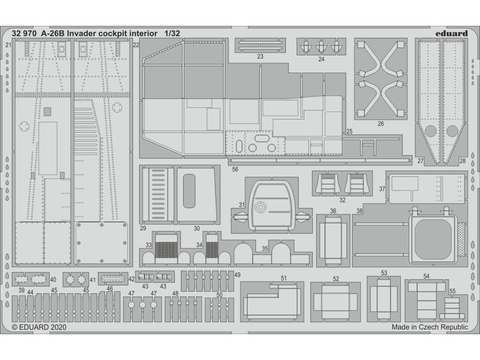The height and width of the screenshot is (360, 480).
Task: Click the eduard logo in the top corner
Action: [451, 33]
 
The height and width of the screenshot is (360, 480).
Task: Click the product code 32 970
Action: [24, 33]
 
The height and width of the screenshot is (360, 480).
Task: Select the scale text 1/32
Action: [172, 33]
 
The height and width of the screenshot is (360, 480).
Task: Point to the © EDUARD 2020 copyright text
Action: [39, 328]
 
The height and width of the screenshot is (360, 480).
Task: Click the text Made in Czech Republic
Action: [430, 328]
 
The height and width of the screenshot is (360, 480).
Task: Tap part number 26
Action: [381, 124]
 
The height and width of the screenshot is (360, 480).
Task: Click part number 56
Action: [235, 170]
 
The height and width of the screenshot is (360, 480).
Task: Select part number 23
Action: [260, 56]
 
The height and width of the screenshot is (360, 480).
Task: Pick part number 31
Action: [241, 204]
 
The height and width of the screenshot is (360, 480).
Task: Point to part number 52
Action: [336, 278]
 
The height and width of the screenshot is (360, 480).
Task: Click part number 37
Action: [382, 189]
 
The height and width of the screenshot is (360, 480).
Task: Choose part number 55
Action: [452, 291]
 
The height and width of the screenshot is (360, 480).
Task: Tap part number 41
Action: [92, 280]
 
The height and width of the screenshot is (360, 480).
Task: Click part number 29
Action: [142, 228]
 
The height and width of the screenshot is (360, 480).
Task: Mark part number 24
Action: [321, 59]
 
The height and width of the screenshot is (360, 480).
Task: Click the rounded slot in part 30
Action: [189, 191]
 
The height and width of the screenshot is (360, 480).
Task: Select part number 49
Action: [238, 274]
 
